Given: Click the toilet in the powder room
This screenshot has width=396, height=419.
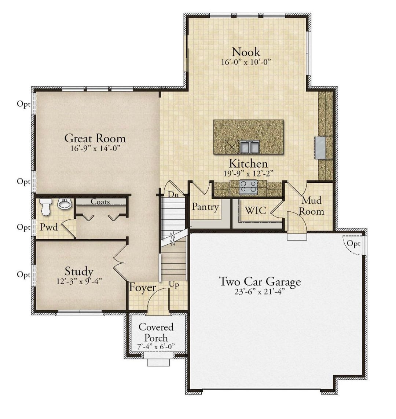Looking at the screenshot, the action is [46, 207].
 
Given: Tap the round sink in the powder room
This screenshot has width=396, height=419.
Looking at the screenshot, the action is [65, 204].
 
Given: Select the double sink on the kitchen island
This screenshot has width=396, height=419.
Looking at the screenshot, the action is [250, 147].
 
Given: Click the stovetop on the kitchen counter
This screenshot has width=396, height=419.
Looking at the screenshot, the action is [248, 186].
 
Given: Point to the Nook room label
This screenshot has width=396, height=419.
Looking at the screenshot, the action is [246, 52].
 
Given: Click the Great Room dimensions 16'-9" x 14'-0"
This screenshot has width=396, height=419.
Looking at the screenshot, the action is [95, 148].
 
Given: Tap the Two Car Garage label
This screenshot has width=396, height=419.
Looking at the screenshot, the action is [260, 281].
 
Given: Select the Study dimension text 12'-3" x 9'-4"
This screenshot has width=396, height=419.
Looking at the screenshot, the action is [79, 281].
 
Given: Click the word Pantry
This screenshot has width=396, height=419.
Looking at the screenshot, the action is [205, 207].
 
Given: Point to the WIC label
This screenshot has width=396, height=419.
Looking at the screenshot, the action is [256, 210].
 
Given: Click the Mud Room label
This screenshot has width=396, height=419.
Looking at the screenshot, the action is [311, 206].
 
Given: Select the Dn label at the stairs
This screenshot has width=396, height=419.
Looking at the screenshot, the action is [173, 194].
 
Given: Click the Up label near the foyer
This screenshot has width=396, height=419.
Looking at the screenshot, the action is [174, 285].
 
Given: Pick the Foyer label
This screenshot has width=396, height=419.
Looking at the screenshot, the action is [143, 288].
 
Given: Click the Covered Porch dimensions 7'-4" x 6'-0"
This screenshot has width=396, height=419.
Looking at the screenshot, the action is [156, 347].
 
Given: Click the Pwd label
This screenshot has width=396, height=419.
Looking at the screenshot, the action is [49, 227].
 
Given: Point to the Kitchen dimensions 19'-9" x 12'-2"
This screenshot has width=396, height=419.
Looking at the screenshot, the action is [248, 174].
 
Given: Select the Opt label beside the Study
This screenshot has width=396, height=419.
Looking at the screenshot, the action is [23, 274].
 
